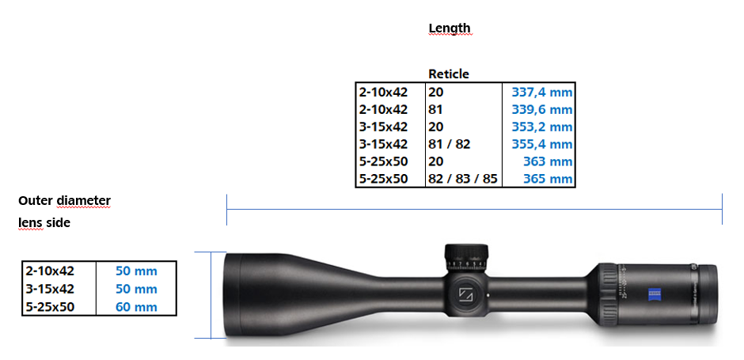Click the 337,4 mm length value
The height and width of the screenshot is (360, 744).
(542, 92)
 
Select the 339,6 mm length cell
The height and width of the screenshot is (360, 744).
(542, 109)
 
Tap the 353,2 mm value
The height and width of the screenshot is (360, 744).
(542, 127)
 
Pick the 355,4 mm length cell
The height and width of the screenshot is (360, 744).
(542, 144)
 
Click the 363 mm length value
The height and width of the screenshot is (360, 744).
(548, 161)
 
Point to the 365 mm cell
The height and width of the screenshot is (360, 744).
(548, 180)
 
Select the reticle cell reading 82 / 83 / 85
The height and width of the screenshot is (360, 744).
(463, 180)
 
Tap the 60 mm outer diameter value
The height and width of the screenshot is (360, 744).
(136, 307)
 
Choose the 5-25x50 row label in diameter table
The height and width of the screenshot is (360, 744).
(51, 307)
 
